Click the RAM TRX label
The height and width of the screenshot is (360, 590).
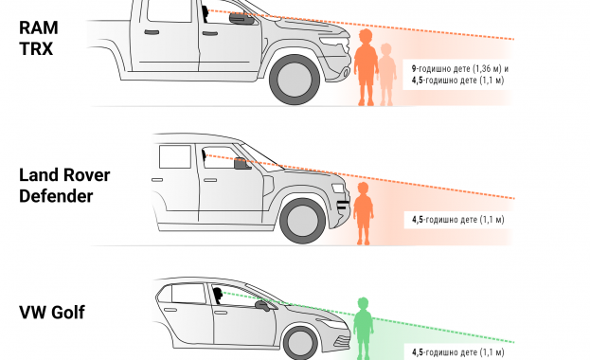39,38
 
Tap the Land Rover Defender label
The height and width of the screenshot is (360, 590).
64,186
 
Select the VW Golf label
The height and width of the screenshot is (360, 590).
52,313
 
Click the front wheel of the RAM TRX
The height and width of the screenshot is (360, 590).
295,80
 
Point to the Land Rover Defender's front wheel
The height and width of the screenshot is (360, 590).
302,221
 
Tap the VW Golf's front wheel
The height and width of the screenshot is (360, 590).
300,344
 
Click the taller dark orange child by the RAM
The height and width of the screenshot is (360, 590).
366,67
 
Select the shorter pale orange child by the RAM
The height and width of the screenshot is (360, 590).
386,75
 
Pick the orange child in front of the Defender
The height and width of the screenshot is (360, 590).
363,213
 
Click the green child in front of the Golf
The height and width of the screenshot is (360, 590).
363,329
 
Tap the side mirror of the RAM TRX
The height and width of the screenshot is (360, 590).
241,18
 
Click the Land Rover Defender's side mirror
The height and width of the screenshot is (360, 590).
241,164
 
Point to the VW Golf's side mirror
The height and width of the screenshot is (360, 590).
262,305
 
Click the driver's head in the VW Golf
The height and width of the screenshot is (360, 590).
218,294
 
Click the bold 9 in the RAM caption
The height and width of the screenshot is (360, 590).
414,69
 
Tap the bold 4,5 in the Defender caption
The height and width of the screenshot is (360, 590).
418,220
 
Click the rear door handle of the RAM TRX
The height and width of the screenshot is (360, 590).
152,32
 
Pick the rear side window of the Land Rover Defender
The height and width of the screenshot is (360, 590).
175,156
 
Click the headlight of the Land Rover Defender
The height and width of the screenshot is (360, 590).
337,188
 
